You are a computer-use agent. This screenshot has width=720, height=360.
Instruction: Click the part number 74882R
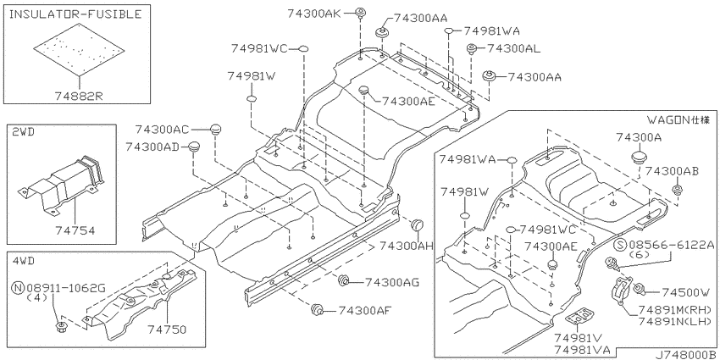point(79,96)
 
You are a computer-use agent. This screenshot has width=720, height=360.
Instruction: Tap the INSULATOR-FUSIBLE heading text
point(75,14)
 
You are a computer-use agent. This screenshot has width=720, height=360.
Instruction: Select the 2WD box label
point(24,133)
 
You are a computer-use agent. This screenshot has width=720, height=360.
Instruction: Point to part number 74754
point(75,230)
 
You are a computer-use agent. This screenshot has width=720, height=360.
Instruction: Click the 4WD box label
point(24,261)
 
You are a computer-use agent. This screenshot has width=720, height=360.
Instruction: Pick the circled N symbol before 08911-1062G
point(18,288)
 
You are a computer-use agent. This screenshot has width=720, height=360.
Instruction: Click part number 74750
point(167,330)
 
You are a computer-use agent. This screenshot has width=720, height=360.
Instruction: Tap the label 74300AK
point(314,14)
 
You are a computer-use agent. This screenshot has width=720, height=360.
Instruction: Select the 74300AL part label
point(513,47)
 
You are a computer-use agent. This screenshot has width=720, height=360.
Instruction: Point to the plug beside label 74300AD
point(196,147)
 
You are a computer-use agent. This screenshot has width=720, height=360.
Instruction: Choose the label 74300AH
point(407,246)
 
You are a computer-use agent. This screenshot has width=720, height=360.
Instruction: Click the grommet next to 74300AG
point(342,280)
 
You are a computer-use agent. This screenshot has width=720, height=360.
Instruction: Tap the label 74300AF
point(364,310)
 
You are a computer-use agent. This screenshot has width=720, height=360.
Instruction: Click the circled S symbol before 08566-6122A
point(621,245)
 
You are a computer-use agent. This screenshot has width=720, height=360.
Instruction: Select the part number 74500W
point(685,292)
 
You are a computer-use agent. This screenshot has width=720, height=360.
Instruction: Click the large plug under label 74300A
point(638,157)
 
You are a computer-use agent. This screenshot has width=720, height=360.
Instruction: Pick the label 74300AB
point(672,171)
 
